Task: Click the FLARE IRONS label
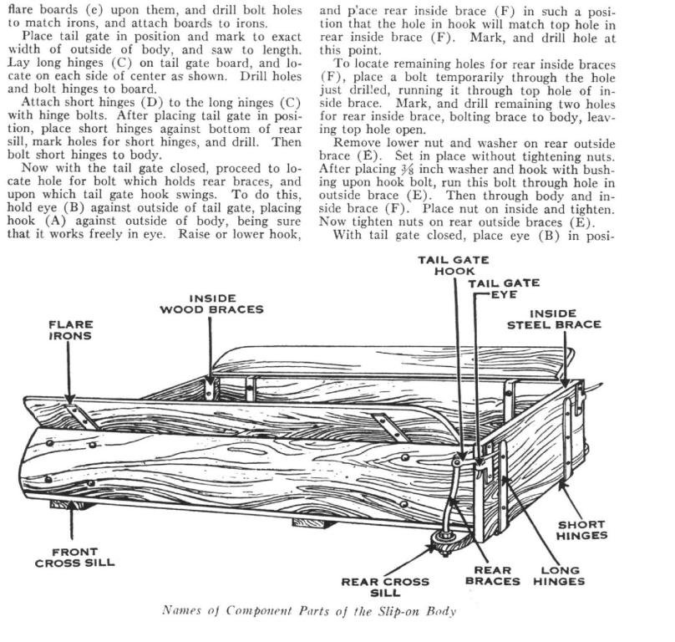point(71,330)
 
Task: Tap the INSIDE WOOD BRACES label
point(212,303)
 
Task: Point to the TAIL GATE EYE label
point(503,288)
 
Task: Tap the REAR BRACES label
point(493,575)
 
